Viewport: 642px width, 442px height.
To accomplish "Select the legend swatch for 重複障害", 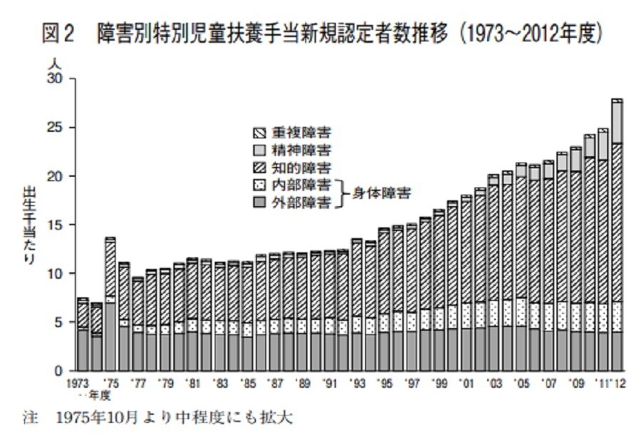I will tap(260, 133).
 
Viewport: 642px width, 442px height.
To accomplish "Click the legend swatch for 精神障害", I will tap(260, 150).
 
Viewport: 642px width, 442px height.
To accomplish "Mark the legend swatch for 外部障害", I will tap(260, 202).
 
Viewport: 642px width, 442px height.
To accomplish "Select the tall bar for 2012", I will tap(617, 235).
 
